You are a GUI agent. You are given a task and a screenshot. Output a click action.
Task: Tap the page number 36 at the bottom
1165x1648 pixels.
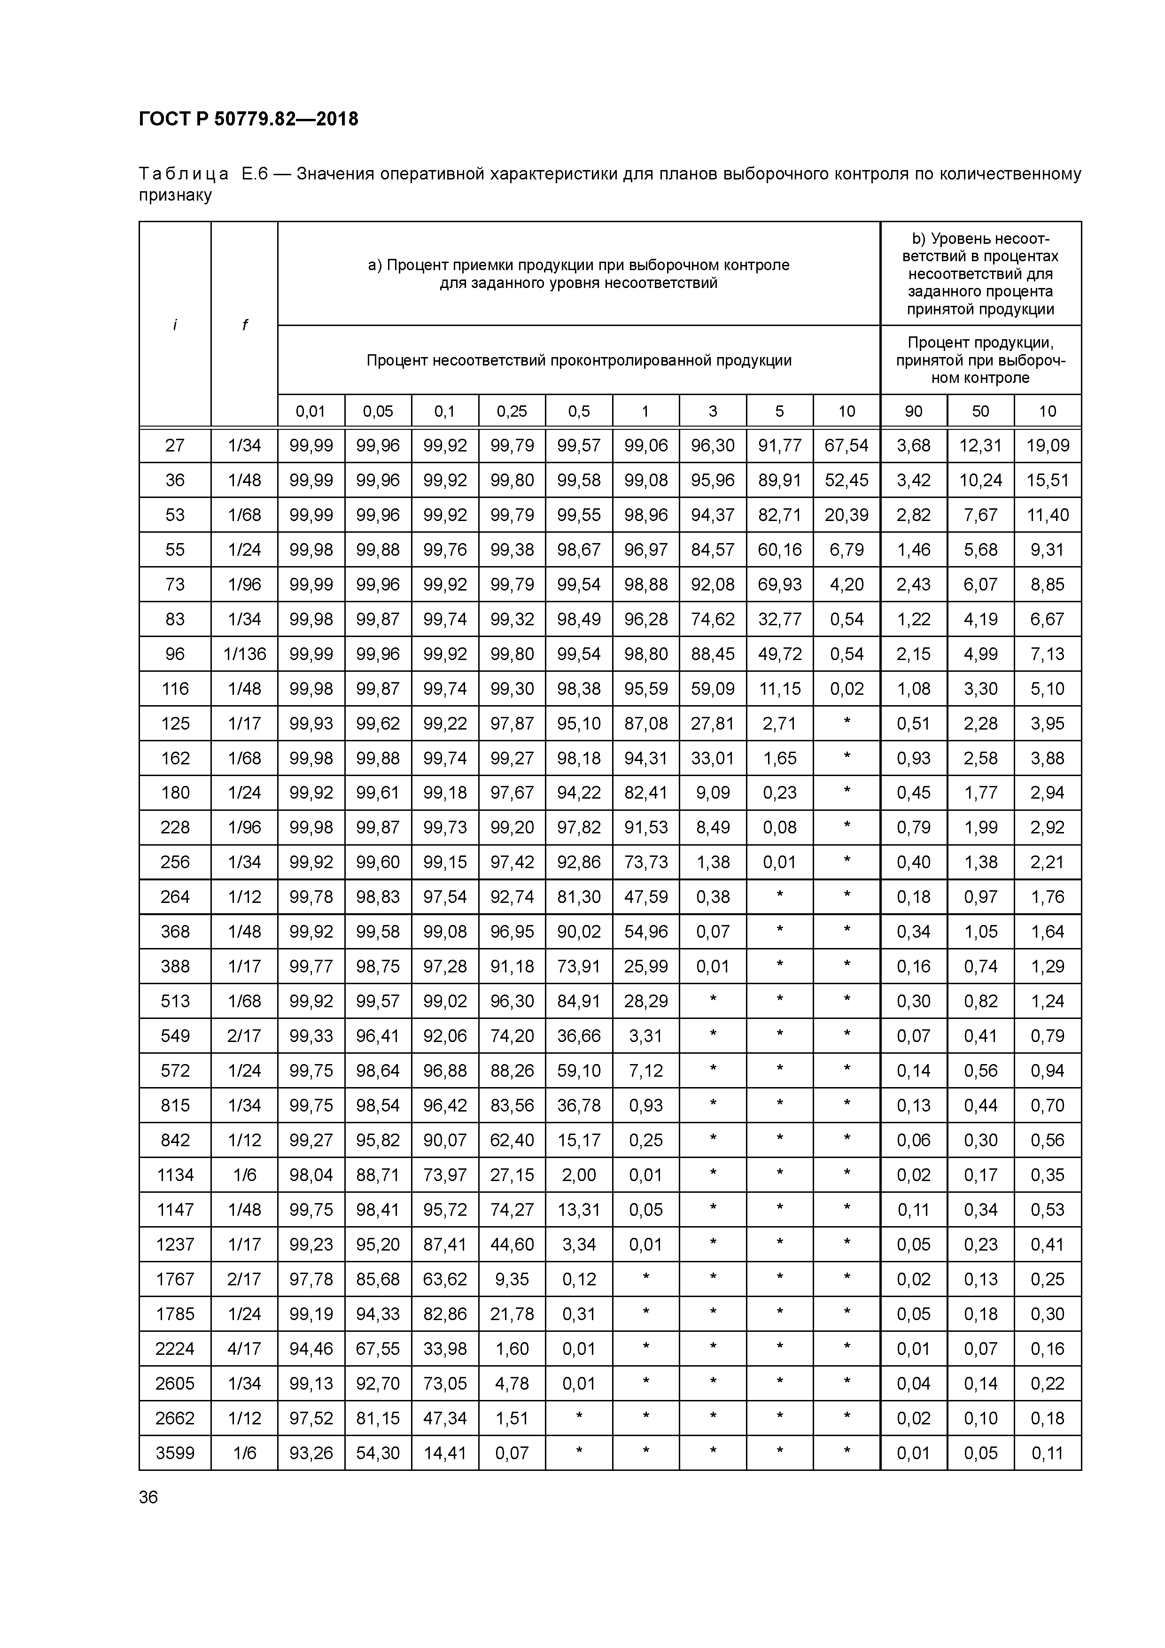(148, 1497)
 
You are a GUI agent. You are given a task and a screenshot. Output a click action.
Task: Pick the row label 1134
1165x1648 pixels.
(175, 1175)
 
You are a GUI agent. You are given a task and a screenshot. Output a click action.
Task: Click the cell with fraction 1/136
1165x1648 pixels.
(244, 654)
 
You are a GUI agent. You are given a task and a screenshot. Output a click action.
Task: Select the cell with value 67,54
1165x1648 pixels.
(847, 446)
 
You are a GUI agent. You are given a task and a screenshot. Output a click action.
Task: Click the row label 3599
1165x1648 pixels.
(175, 1453)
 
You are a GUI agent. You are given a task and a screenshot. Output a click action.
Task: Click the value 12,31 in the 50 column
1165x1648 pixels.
(980, 446)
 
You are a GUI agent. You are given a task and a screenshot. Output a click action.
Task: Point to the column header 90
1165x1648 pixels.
(913, 411)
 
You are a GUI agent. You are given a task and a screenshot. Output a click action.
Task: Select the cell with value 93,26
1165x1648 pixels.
(311, 1453)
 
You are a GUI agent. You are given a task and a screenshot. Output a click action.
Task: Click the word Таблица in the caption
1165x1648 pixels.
(184, 174)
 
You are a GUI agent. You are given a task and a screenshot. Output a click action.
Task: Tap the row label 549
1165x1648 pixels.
(175, 1036)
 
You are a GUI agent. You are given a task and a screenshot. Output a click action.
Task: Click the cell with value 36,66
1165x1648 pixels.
(579, 1036)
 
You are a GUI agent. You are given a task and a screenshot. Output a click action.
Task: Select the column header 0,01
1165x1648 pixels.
(311, 411)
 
